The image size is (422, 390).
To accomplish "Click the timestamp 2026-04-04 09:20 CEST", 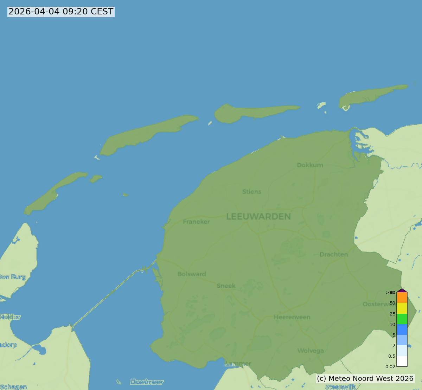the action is click(61, 12).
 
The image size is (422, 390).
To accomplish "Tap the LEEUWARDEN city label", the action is click(258, 217).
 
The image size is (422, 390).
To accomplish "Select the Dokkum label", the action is click(310, 165).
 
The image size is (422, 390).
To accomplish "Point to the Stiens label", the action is click(252, 192).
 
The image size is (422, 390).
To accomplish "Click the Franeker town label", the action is click(196, 222).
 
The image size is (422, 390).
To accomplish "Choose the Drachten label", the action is click(334, 254).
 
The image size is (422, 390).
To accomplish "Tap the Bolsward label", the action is click(192, 274).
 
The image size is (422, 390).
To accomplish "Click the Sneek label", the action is click(226, 286).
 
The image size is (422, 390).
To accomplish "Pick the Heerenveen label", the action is click(292, 317).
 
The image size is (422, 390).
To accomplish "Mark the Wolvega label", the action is click(311, 351).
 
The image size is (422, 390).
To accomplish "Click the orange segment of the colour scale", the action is click(402, 298).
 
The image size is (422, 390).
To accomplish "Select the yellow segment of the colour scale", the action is click(402, 308).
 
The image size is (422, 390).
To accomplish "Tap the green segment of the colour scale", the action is click(402, 319).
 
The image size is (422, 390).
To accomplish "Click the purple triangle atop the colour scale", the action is click(402, 290).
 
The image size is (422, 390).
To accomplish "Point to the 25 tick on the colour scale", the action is click(392, 314).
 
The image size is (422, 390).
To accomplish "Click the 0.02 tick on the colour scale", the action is click(390, 366).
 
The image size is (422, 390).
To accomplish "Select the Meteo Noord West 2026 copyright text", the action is click(365, 378).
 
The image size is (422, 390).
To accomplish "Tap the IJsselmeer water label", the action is click(147, 382).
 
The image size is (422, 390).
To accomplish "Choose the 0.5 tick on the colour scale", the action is click(392, 356).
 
